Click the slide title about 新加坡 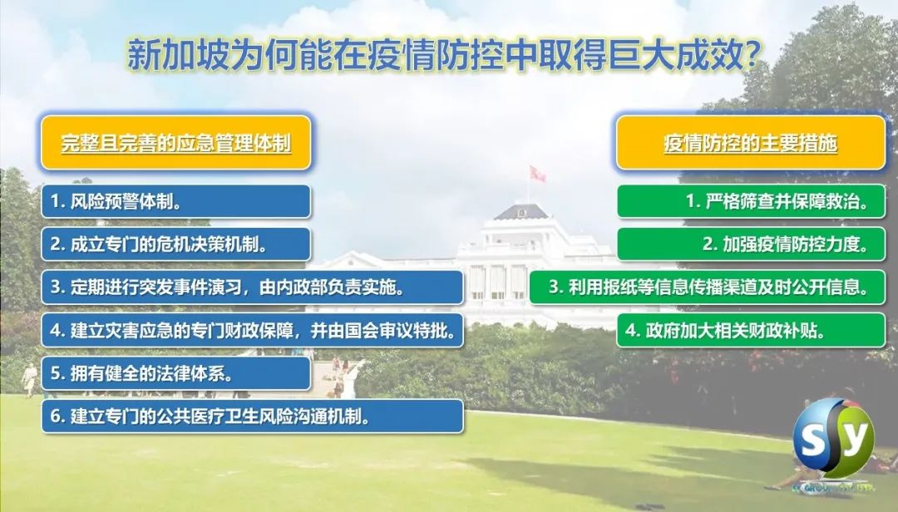point(444,55)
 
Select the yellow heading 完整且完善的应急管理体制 point(175,143)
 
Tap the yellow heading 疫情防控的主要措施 point(751,143)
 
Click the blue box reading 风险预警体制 point(175,202)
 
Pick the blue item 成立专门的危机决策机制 point(175,244)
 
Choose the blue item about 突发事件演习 point(252,287)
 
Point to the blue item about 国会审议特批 point(252,331)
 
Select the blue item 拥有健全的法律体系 point(175,373)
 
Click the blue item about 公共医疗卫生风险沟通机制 point(252,416)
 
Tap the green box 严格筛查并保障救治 point(751,202)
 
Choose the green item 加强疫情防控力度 point(751,244)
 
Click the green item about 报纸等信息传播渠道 point(708,287)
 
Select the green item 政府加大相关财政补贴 point(751,331)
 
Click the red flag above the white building point(537,174)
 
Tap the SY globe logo point(834,438)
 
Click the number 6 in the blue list point(56,416)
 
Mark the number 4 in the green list point(631,331)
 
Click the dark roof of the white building point(521,212)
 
